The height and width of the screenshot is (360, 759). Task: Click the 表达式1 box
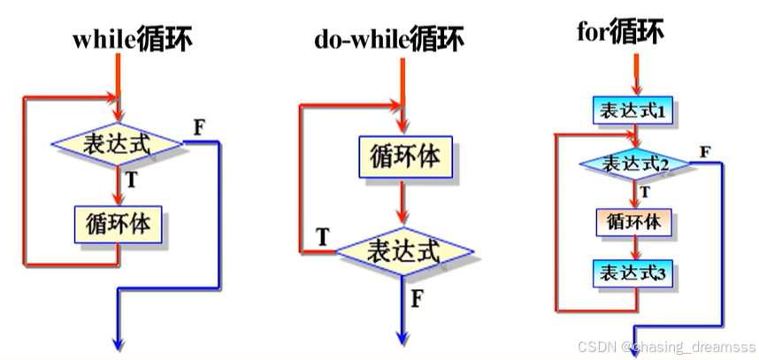(x=633, y=111)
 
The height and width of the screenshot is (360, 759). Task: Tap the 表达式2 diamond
(x=633, y=165)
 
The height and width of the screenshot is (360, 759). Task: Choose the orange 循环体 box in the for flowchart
(x=633, y=221)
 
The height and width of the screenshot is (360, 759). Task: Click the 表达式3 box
(x=633, y=272)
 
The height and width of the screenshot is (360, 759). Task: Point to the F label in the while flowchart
(x=199, y=125)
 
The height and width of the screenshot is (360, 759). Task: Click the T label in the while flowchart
(x=132, y=179)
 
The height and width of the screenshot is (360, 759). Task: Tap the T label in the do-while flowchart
(x=323, y=237)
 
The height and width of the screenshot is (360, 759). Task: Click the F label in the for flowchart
(x=706, y=151)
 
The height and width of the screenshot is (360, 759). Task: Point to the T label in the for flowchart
(x=645, y=191)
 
